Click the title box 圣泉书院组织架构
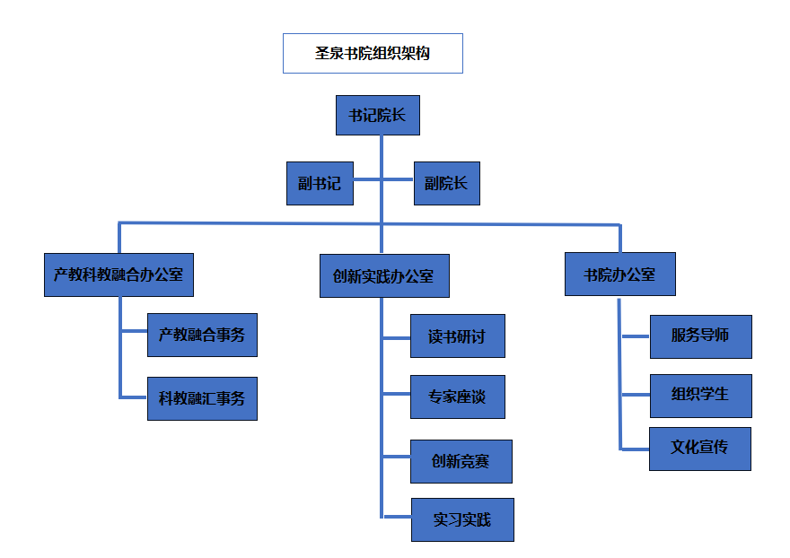click(x=373, y=54)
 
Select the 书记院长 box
click(x=378, y=116)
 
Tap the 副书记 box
click(x=320, y=183)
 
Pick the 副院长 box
click(x=447, y=183)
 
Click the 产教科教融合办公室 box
click(x=118, y=275)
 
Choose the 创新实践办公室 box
click(x=384, y=276)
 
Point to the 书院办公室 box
click(x=620, y=274)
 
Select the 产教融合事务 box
click(x=203, y=335)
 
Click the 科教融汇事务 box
click(x=203, y=398)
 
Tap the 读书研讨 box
click(x=458, y=336)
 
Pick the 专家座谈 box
click(x=458, y=397)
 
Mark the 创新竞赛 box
click(x=461, y=461)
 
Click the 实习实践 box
click(x=462, y=519)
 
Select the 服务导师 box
click(x=701, y=337)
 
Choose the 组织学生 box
click(x=701, y=396)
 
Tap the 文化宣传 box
click(x=700, y=449)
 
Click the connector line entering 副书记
click(x=367, y=179)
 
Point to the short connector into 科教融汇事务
click(x=134, y=397)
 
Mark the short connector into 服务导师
click(x=636, y=336)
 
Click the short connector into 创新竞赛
click(x=397, y=457)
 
